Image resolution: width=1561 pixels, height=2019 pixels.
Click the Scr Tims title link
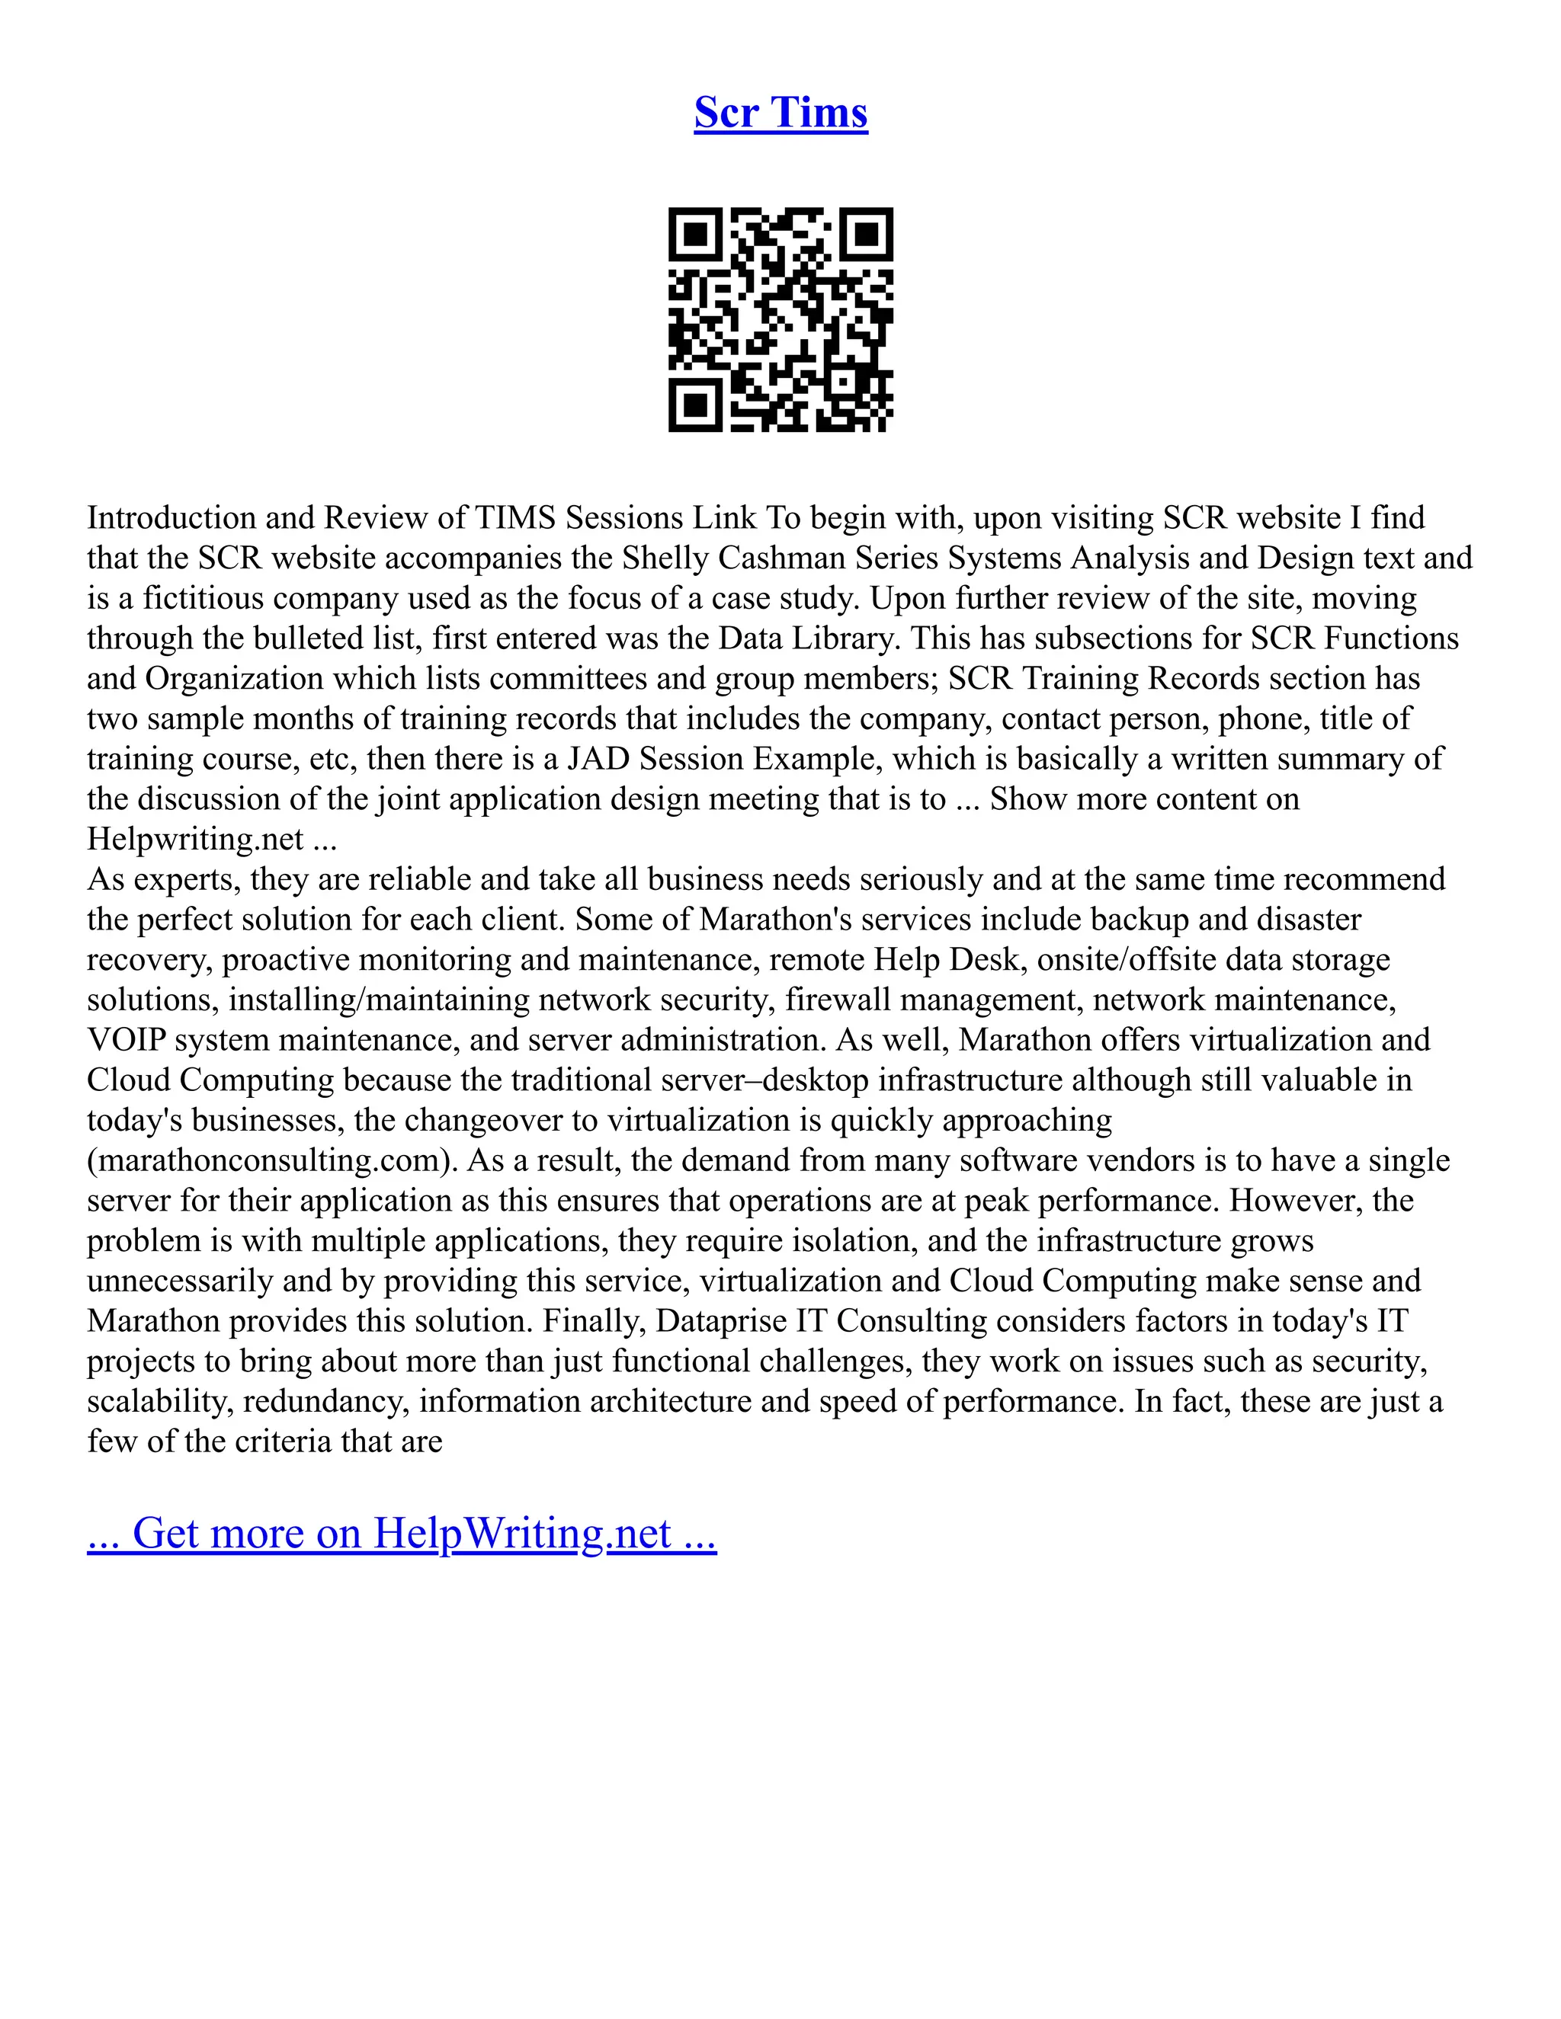tap(780, 113)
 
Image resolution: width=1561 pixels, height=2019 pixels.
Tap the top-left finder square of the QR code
tap(694, 234)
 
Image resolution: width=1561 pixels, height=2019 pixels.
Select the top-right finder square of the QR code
tap(867, 234)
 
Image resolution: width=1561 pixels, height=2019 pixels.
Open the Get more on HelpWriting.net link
tap(402, 1533)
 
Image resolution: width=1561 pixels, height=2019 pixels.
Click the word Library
tap(838, 638)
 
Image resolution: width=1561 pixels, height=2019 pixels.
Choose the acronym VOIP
tap(126, 1040)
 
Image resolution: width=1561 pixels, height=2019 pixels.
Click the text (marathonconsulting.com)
tap(273, 1160)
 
